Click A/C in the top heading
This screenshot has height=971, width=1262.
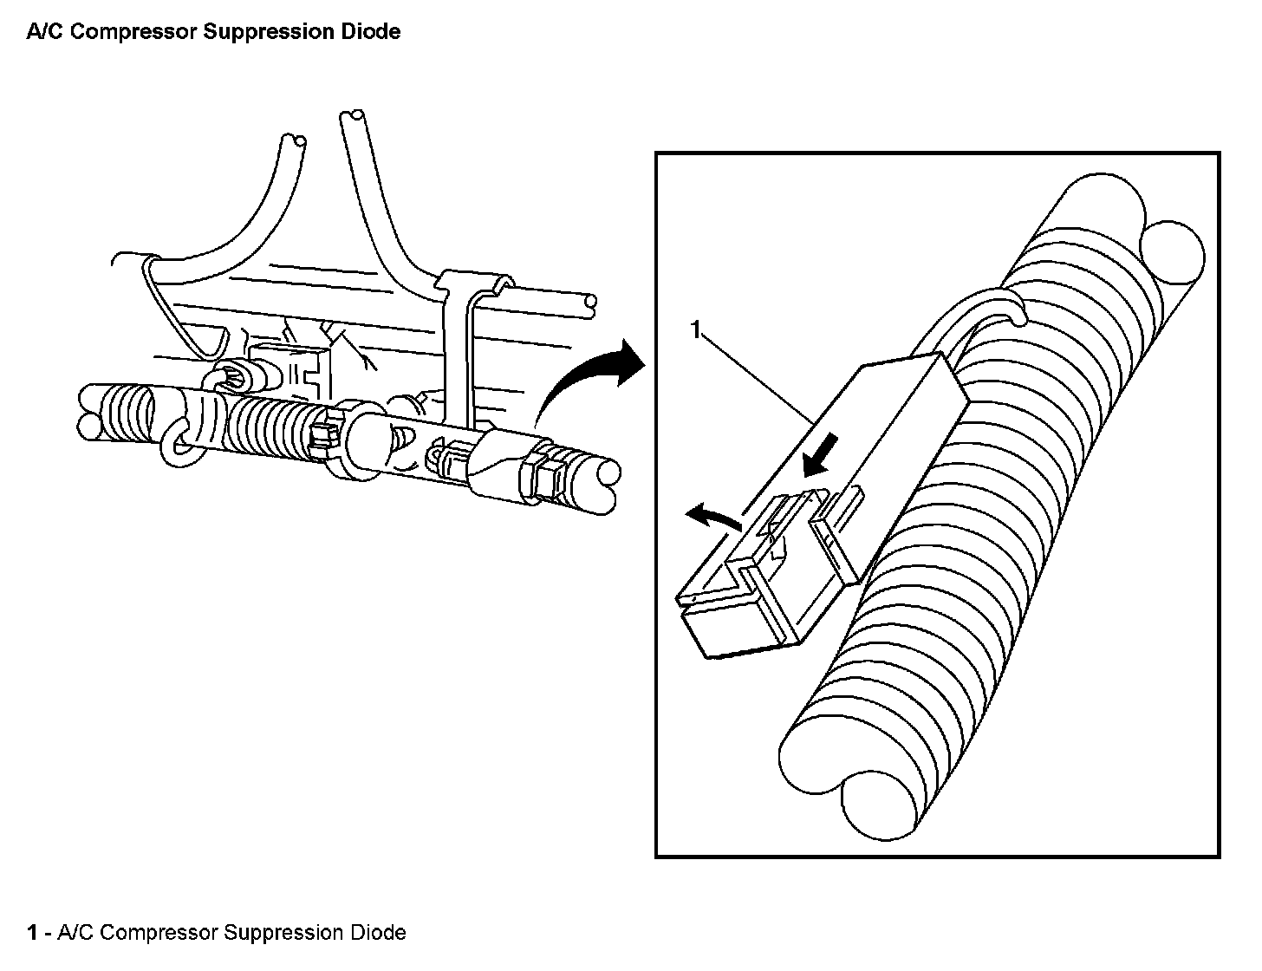[x=43, y=32]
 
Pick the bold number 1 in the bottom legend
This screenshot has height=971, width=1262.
[x=32, y=933]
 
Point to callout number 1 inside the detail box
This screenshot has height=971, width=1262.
[x=695, y=329]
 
